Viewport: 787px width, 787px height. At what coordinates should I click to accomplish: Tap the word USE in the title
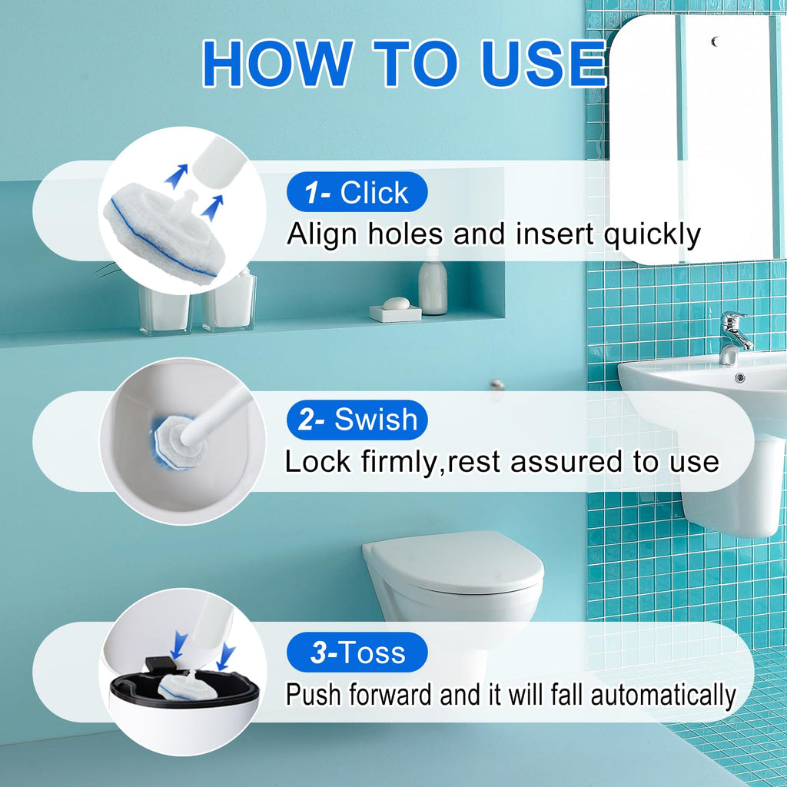coord(543,64)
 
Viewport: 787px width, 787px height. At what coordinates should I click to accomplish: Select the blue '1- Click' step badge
coord(357,191)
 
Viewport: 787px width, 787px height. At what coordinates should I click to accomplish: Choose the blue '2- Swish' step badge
coord(357,420)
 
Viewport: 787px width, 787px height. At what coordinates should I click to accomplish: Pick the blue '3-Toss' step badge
coord(357,652)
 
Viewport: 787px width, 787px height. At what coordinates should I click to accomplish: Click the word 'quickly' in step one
coord(651,235)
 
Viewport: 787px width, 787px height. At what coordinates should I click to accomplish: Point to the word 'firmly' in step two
coord(399,461)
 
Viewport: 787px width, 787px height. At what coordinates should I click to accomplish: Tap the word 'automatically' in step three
coord(663,695)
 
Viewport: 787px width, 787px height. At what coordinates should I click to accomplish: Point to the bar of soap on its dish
coord(396,304)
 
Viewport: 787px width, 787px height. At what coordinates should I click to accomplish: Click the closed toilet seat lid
coord(453,560)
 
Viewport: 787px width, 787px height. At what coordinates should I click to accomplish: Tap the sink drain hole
coord(739,377)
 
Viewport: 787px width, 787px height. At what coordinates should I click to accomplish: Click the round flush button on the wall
coord(497,384)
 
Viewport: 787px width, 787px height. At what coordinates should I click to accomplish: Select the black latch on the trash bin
coord(160,665)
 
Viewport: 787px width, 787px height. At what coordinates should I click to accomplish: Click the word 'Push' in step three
coord(314,695)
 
